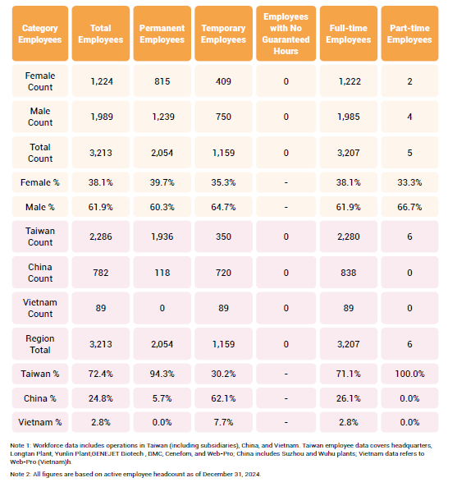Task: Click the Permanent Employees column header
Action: tap(162, 34)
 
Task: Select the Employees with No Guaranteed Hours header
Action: tap(286, 34)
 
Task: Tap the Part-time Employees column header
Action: tap(409, 34)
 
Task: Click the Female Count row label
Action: tap(40, 81)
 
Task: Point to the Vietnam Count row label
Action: tap(40, 308)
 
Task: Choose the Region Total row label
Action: tap(40, 344)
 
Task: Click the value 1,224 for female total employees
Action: tap(102, 81)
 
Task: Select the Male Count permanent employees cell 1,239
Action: tap(163, 117)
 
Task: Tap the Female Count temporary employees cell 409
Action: tap(223, 81)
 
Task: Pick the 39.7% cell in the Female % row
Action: tap(162, 182)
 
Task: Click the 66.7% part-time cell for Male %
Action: tap(409, 207)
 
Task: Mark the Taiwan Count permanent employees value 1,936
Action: tap(162, 237)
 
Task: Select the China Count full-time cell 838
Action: tap(349, 273)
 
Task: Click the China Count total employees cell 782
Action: tap(101, 273)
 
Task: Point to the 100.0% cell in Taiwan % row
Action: tap(409, 374)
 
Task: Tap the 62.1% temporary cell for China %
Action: tap(223, 398)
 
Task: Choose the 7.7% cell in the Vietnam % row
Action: tap(223, 422)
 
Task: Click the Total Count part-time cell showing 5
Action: tap(409, 153)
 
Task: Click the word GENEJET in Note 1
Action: tap(106, 454)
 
